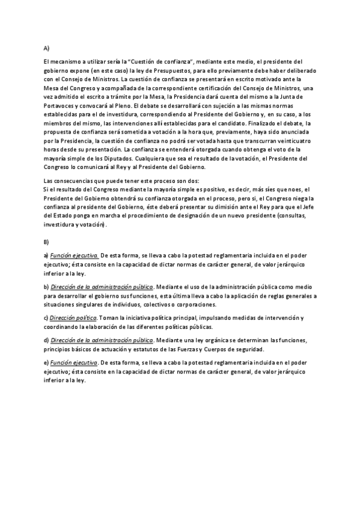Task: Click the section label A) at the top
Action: click(x=46, y=48)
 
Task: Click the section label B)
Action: click(x=46, y=242)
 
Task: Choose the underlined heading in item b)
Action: click(x=102, y=286)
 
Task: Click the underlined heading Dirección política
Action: click(x=73, y=318)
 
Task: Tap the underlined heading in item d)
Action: click(x=102, y=340)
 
